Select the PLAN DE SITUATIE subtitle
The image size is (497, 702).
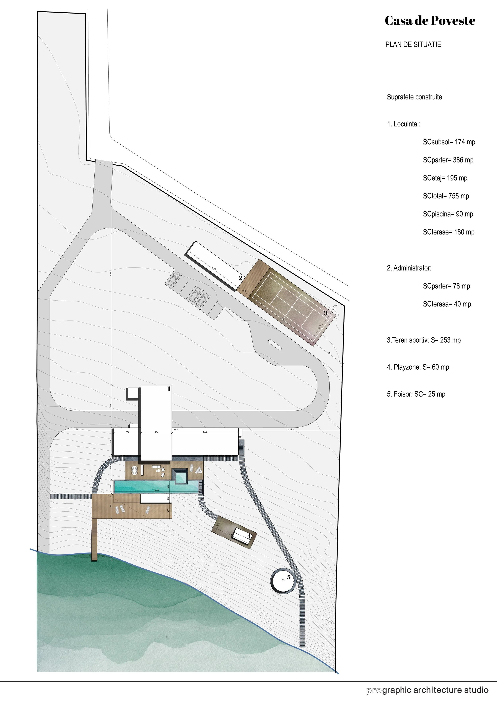coord(413,45)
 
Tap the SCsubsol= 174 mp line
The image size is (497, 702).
coord(449,142)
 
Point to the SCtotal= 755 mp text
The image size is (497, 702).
coord(446,196)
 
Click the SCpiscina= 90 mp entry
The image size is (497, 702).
coord(448,214)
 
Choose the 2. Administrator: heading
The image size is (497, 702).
coord(409,268)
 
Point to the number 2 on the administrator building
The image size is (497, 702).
coord(241,278)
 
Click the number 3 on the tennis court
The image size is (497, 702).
coord(326,313)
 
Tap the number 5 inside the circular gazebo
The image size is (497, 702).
coord(289,577)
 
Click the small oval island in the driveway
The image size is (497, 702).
coord(275,345)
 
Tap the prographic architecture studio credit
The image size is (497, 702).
coord(427,690)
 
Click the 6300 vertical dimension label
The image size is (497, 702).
coord(111,273)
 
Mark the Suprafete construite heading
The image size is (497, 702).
coord(414,97)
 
